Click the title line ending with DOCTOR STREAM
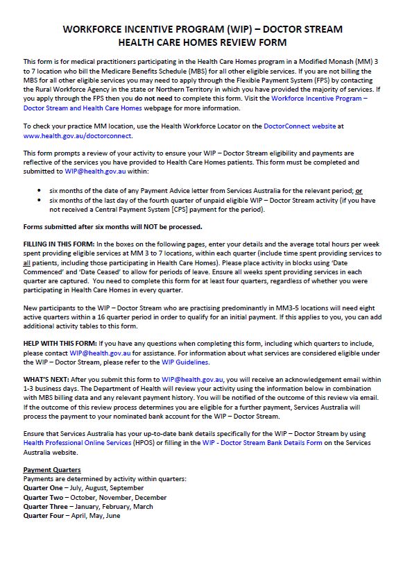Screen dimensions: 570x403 [x=202, y=29]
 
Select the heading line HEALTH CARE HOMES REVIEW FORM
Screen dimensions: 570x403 [x=202, y=42]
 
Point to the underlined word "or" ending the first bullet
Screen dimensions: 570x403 [x=359, y=190]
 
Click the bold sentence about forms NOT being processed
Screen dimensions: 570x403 [x=113, y=226]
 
